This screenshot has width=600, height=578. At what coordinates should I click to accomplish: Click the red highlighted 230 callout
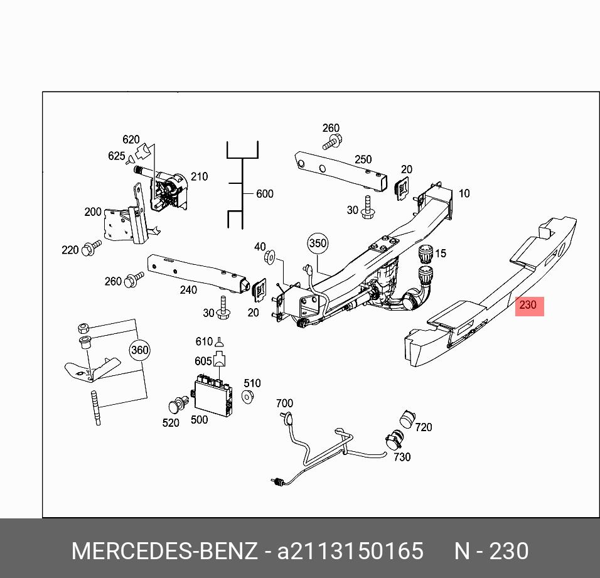[x=530, y=306]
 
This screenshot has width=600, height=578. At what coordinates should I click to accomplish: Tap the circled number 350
[x=318, y=244]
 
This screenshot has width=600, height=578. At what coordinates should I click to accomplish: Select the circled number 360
[x=140, y=350]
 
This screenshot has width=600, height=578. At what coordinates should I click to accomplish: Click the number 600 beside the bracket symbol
[x=265, y=193]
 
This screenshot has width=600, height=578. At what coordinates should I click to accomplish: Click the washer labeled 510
[x=247, y=396]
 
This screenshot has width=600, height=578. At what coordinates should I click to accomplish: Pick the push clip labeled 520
[x=178, y=405]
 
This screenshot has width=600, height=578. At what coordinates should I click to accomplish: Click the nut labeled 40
[x=269, y=256]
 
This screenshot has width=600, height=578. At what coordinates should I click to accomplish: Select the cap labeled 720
[x=407, y=419]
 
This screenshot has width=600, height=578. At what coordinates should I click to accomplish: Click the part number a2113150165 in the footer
[x=350, y=551]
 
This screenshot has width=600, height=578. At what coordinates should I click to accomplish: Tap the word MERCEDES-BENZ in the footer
[x=164, y=551]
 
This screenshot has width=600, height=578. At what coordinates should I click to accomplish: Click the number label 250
[x=363, y=159]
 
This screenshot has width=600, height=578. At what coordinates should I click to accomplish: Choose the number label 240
[x=189, y=290]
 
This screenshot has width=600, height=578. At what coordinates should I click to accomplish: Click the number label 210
[x=200, y=176]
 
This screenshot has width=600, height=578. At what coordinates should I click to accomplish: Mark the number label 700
[x=284, y=403]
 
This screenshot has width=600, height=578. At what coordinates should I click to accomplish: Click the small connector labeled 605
[x=219, y=358]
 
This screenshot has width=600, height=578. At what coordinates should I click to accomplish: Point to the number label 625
[x=116, y=156]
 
